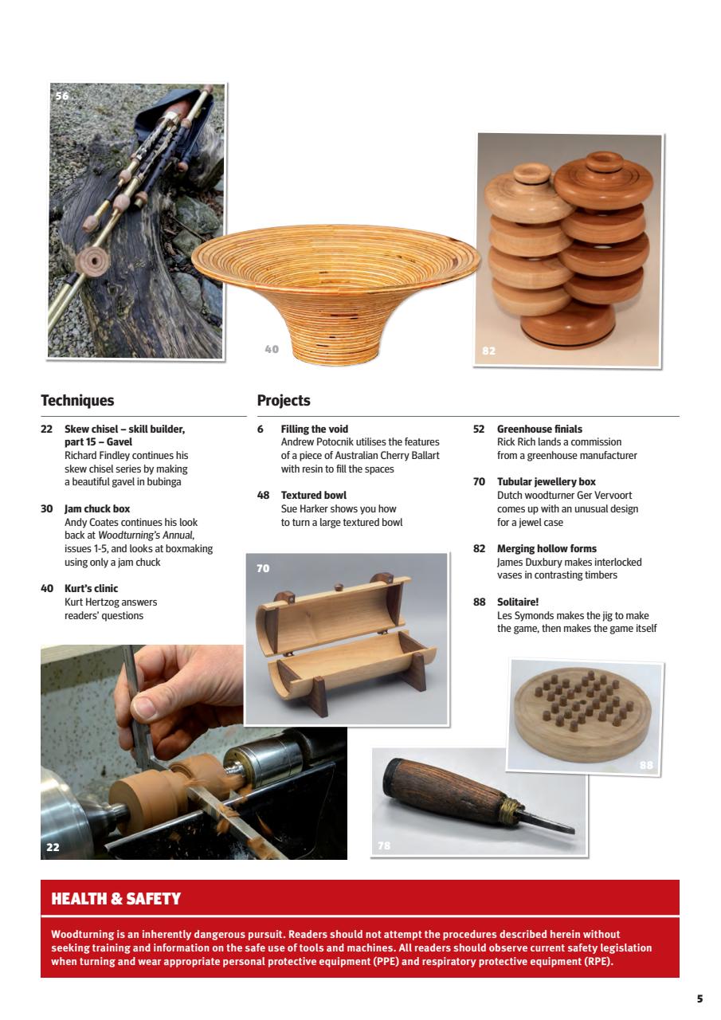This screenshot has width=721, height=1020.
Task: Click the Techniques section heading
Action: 77,401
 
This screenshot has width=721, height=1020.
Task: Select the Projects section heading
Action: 283,401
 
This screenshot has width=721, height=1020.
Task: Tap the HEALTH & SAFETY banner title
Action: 116,899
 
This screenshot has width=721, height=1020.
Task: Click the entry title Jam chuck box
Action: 96,508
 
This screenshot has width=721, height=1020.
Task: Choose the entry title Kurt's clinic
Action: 91,589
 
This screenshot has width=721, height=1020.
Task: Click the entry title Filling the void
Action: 314,429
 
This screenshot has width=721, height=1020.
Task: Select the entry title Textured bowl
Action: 313,496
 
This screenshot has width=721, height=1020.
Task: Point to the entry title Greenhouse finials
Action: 539,429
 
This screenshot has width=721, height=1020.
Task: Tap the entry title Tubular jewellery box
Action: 546,482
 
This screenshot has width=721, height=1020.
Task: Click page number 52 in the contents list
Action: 478,429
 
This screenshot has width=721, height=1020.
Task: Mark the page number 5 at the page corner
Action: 699,998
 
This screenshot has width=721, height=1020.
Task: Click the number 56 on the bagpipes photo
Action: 62,96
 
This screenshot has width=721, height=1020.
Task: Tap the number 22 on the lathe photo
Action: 53,847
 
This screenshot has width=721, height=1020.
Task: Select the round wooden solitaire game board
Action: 583,709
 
